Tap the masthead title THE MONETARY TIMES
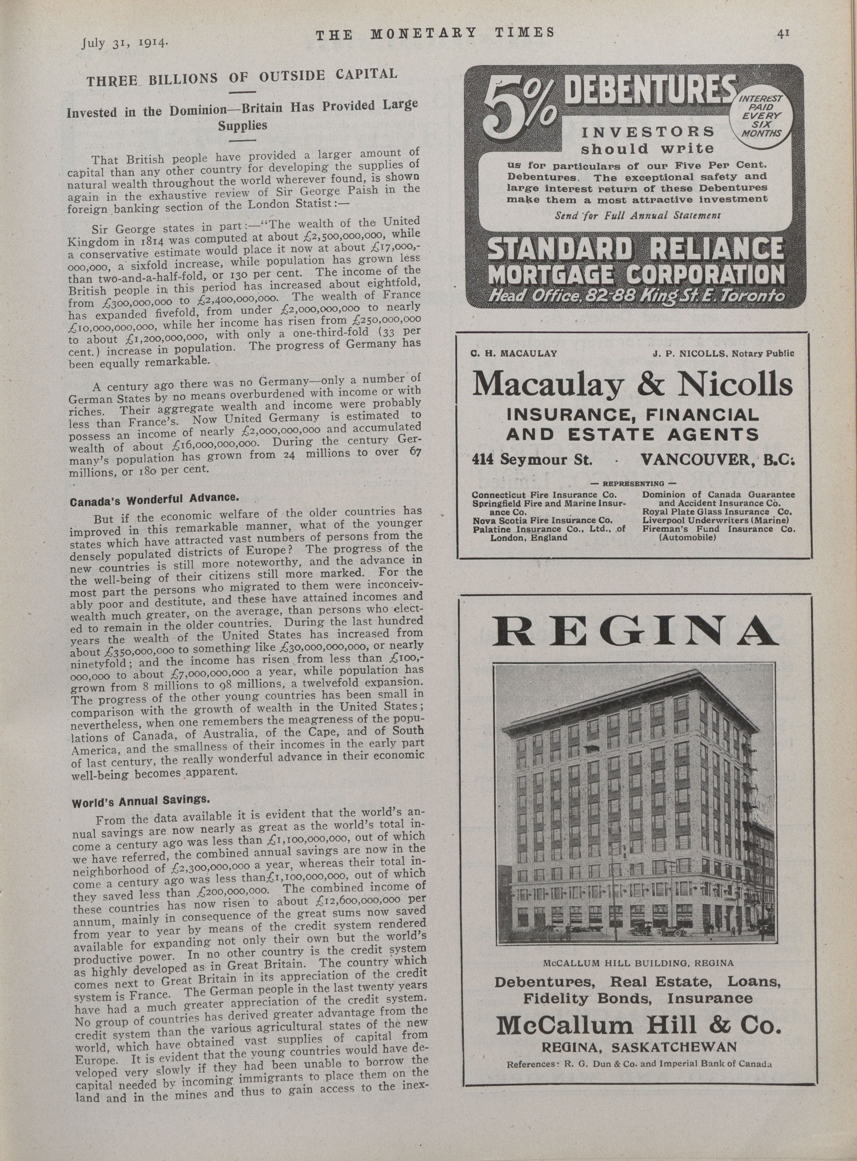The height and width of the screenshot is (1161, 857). pos(434,34)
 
